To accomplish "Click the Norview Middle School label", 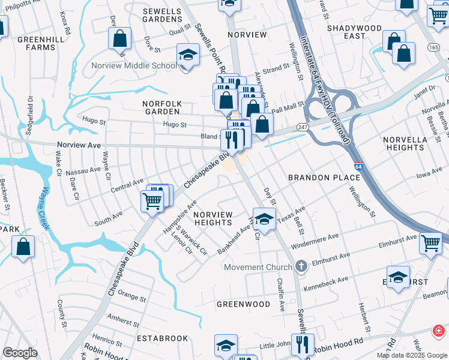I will pyautogui.click(x=133, y=65).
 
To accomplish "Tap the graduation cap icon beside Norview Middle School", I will pyautogui.click(x=188, y=56).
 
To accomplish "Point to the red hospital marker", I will pyautogui.click(x=439, y=331).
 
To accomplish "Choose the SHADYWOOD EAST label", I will pyautogui.click(x=354, y=32).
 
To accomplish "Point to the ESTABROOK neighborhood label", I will pyautogui.click(x=166, y=338).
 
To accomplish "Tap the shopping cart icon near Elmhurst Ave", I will pyautogui.click(x=431, y=243).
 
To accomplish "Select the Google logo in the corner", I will pyautogui.click(x=20, y=353).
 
